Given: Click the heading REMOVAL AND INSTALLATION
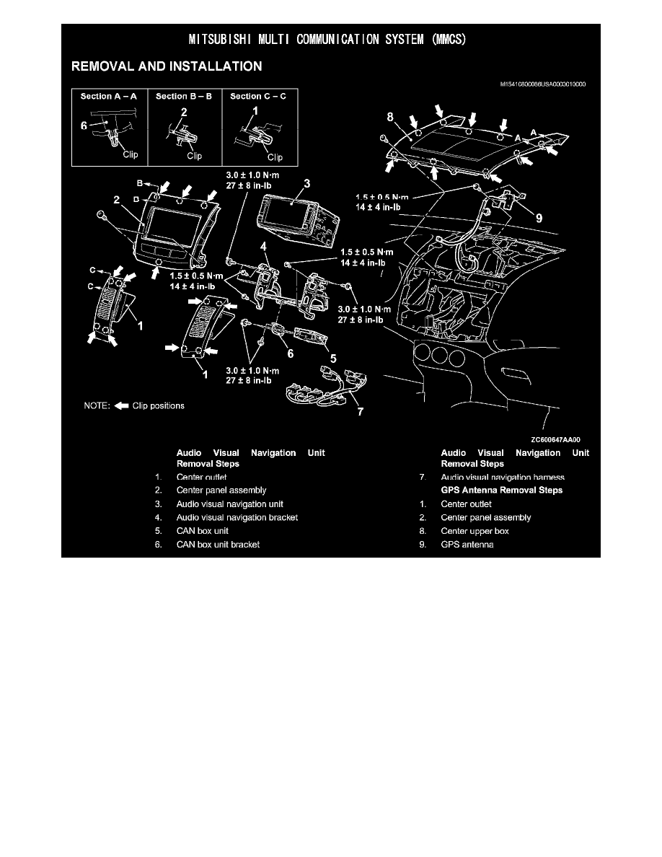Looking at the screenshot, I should (x=166, y=67).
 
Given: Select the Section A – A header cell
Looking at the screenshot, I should (x=110, y=96).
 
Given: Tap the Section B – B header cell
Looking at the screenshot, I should (x=185, y=96).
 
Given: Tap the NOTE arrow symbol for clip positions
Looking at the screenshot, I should (x=120, y=405).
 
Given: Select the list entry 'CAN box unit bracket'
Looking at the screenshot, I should (x=218, y=544).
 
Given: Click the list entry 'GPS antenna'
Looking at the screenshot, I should (x=467, y=544).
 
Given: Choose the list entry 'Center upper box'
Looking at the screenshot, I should (x=475, y=531).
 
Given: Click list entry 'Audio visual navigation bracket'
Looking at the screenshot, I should (x=237, y=517).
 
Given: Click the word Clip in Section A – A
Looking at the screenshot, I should (x=130, y=153).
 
